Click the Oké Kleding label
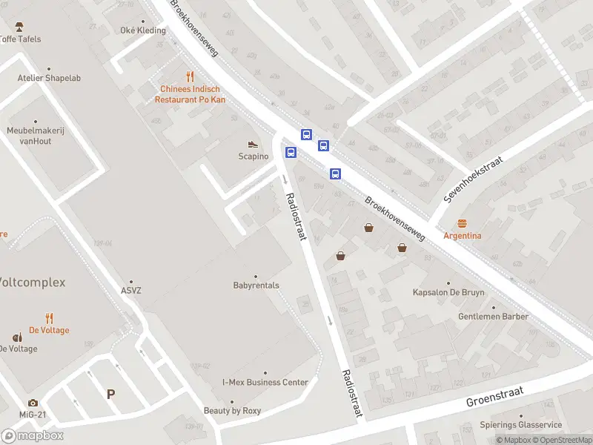[143, 30]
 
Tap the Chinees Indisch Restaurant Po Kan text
[189, 94]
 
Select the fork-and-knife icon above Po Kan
[190, 76]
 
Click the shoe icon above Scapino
[253, 144]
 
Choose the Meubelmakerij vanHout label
[35, 136]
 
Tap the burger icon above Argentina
[463, 223]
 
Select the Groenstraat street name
[494, 397]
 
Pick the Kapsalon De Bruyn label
[448, 292]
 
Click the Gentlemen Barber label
[493, 316]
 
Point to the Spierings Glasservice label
[521, 425]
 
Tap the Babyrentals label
[256, 285]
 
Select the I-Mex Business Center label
[265, 382]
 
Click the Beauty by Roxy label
[233, 410]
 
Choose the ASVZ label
[130, 290]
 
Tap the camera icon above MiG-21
[33, 403]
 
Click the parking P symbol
[110, 395]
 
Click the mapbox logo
[33, 436]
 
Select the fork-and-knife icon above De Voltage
[50, 317]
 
